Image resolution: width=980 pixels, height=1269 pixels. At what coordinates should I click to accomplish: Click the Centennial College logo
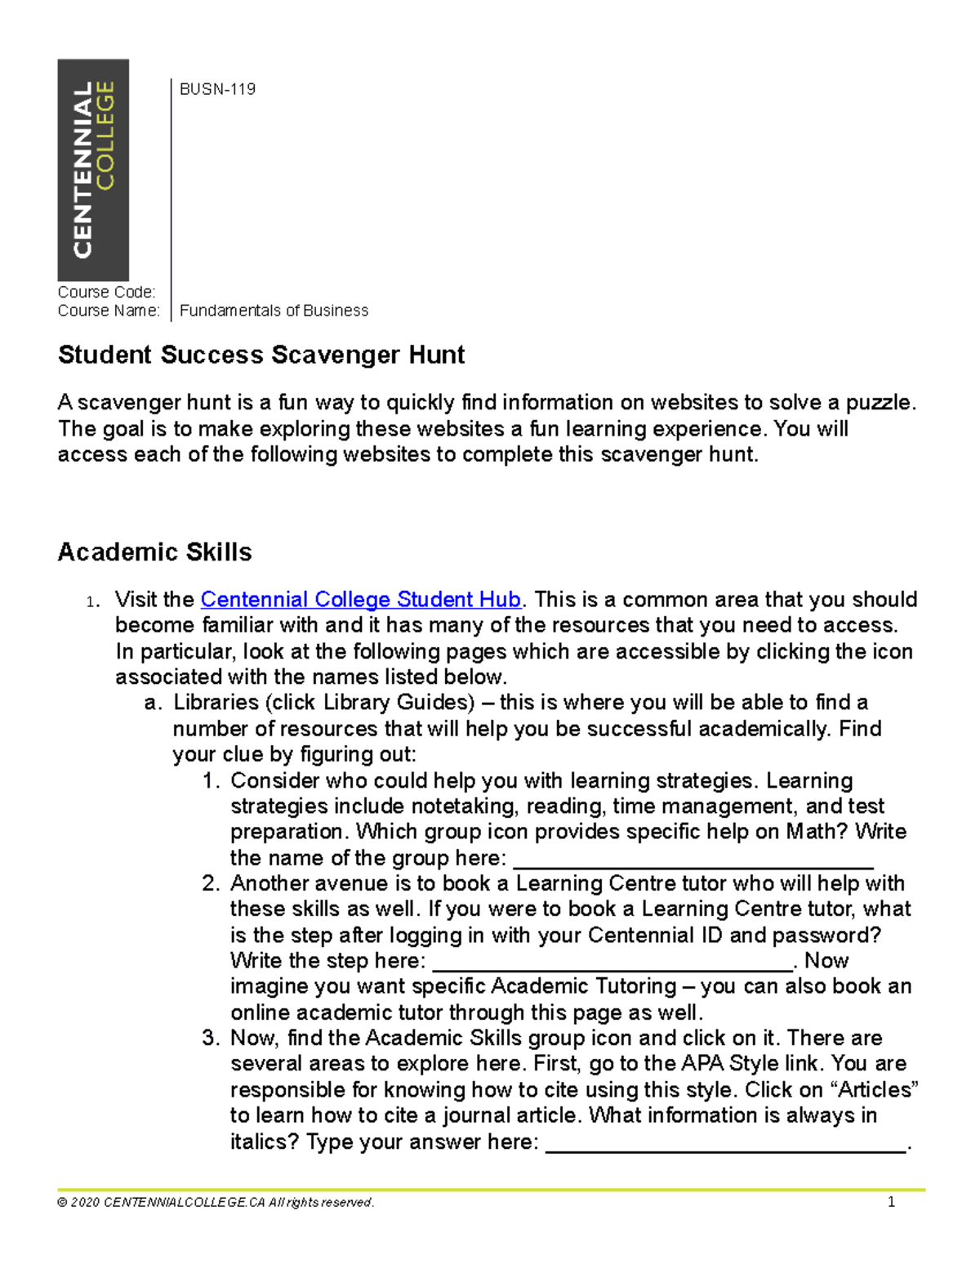tap(93, 170)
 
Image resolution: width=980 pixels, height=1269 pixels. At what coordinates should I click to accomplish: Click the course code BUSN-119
tap(217, 89)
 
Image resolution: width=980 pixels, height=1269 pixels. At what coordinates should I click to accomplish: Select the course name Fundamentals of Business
tap(274, 311)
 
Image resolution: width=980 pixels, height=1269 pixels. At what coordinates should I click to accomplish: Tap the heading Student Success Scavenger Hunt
tap(261, 355)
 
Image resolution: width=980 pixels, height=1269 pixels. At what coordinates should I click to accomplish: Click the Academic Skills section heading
tap(154, 552)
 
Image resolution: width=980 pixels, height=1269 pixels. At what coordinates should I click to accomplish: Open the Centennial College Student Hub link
tap(360, 600)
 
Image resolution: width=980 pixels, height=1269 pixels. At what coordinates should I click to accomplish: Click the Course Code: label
tap(106, 292)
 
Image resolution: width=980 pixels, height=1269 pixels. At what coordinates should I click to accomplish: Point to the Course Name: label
tap(109, 311)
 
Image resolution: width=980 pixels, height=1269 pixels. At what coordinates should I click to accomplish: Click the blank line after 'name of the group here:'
tap(693, 860)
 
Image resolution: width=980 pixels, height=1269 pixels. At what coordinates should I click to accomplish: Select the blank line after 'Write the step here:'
tap(612, 963)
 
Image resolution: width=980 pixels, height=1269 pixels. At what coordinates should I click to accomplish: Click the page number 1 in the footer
tap(891, 1202)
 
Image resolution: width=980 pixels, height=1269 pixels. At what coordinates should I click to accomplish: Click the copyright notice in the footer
tap(216, 1202)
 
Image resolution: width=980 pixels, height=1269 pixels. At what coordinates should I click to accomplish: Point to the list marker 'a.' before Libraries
tap(153, 703)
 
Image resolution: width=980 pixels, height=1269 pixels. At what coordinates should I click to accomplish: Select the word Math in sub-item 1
tap(817, 832)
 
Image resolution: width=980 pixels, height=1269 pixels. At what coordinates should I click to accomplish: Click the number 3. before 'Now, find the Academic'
tap(211, 1039)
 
